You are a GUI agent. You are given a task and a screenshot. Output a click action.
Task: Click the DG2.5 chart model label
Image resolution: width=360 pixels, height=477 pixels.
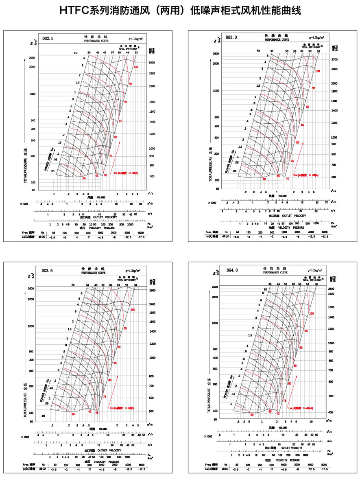48,39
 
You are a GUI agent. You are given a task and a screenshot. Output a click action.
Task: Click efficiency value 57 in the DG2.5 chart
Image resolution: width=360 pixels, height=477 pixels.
112,53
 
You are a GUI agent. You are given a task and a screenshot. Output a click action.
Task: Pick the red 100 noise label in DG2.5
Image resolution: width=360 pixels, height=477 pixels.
136,67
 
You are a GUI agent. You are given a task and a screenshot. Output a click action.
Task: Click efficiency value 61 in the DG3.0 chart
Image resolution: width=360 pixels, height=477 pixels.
302,51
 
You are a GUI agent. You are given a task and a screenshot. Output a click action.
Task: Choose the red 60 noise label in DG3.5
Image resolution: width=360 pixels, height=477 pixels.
73,414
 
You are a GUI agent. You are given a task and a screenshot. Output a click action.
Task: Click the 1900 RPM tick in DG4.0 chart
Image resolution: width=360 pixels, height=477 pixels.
332,293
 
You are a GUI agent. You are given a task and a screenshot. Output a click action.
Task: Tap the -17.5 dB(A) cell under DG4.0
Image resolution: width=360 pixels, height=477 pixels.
324,469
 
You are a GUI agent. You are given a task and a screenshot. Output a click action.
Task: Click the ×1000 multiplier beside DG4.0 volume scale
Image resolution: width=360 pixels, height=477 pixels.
209,436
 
